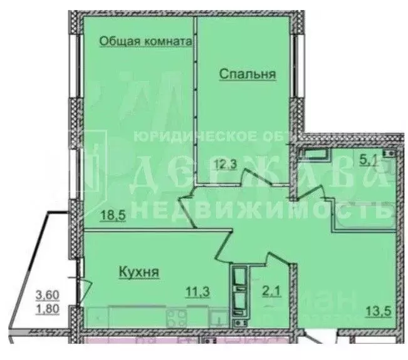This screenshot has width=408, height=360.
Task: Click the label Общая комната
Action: click(x=145, y=41)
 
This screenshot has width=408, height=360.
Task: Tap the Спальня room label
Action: click(x=248, y=74)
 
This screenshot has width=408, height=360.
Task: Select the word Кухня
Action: click(x=137, y=272)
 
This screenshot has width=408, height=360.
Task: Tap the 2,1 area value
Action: click(x=271, y=290)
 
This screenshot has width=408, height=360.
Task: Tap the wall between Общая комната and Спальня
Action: click(x=195, y=94)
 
